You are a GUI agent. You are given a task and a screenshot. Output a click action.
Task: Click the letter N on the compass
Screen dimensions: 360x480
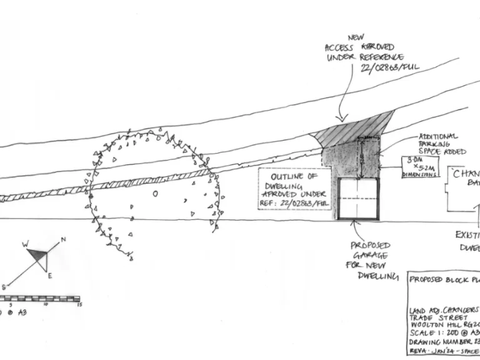(64, 240)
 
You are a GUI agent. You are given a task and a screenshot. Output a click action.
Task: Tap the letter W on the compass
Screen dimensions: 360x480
(26, 244)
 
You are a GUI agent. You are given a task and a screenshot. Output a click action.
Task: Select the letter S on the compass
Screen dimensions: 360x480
(4, 286)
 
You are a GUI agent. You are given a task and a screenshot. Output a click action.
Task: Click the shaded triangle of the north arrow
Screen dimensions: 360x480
(39, 255)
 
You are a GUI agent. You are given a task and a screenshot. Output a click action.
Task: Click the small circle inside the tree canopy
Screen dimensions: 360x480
(155, 194)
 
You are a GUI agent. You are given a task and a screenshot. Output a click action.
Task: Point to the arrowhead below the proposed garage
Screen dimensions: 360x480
(355, 223)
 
